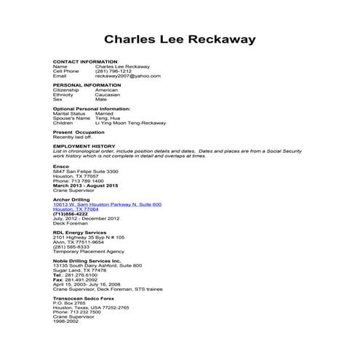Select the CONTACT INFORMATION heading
85,61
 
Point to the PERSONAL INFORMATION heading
87,85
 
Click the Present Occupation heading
79,132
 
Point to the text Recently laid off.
73,137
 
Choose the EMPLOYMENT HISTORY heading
84,145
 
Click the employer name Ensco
60,166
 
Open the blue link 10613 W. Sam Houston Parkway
107,204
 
